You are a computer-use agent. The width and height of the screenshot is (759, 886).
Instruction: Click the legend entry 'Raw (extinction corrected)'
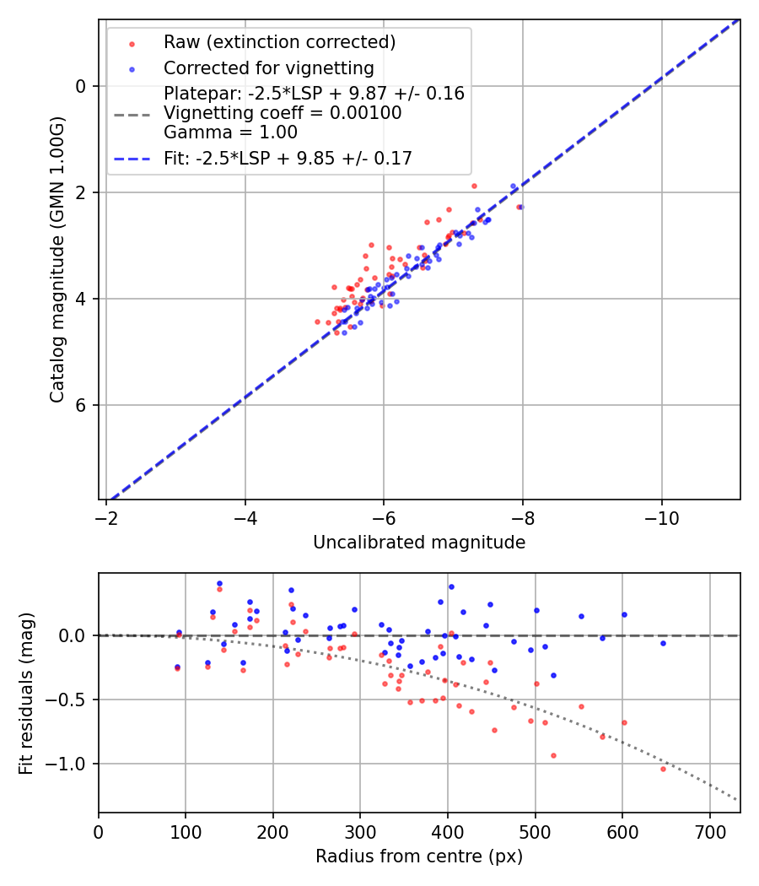[x=279, y=42]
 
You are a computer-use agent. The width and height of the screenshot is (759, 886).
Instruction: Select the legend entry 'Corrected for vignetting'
[x=268, y=68]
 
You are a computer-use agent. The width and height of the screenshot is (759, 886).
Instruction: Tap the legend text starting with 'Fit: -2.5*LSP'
[x=288, y=159]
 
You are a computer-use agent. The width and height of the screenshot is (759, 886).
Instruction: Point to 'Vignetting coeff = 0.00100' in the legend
[x=283, y=113]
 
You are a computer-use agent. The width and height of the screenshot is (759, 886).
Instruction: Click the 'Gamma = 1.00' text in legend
[x=230, y=132]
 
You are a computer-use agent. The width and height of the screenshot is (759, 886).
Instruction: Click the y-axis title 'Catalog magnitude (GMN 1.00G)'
[x=57, y=260]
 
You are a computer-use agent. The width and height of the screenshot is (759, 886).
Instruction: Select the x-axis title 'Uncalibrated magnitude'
[x=419, y=543]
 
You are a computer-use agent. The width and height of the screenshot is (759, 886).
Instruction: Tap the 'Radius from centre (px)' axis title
[x=419, y=856]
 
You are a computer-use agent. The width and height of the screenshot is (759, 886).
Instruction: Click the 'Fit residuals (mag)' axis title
[x=26, y=692]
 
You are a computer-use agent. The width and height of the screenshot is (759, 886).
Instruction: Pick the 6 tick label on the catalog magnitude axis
[x=81, y=405]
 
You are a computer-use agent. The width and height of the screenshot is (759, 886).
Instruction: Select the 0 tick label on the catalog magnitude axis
[x=81, y=86]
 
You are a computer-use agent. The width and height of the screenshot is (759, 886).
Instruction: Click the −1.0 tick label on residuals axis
[x=73, y=764]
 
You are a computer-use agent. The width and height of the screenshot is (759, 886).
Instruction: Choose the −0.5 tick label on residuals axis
[x=73, y=700]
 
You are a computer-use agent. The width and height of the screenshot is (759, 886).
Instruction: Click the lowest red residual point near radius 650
[x=663, y=769]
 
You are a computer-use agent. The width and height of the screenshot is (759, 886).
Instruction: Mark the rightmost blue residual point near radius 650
[x=663, y=643]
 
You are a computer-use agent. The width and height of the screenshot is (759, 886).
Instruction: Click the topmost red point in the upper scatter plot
[x=474, y=186]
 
